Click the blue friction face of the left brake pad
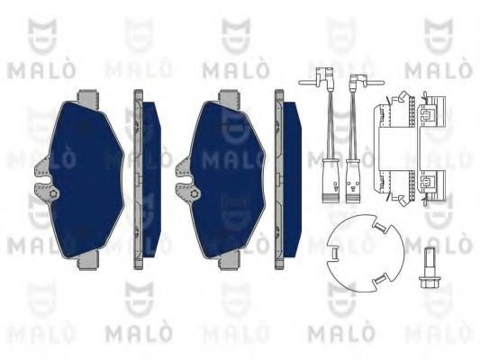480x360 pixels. click(x=86, y=171)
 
